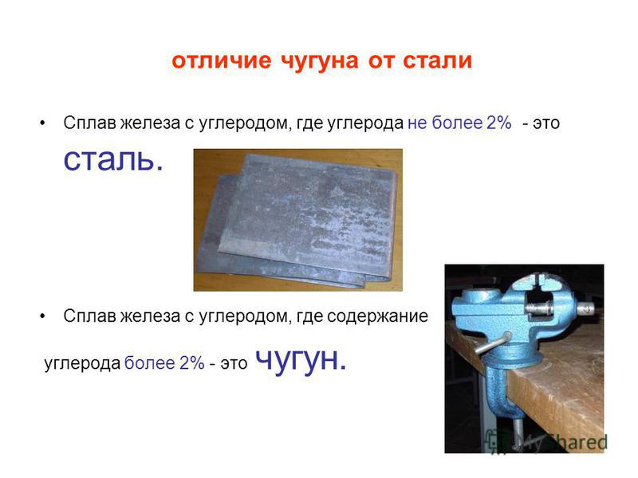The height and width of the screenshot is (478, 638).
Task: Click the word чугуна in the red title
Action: coord(320,61)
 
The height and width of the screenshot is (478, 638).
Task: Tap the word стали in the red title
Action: coord(437,61)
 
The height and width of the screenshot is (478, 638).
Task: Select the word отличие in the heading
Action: coord(222,61)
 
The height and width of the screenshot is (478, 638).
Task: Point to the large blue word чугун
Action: coord(301,360)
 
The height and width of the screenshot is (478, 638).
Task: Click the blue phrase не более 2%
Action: coord(459,123)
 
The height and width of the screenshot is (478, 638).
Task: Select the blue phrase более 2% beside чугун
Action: coord(164,363)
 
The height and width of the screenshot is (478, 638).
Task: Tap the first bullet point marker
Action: coord(42,123)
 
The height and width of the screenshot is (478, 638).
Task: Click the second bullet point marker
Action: coord(42,316)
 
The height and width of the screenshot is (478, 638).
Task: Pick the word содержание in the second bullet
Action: coord(377,316)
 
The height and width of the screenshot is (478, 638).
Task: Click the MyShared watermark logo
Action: coord(546,441)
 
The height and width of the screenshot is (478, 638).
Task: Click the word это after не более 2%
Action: coord(546,123)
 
